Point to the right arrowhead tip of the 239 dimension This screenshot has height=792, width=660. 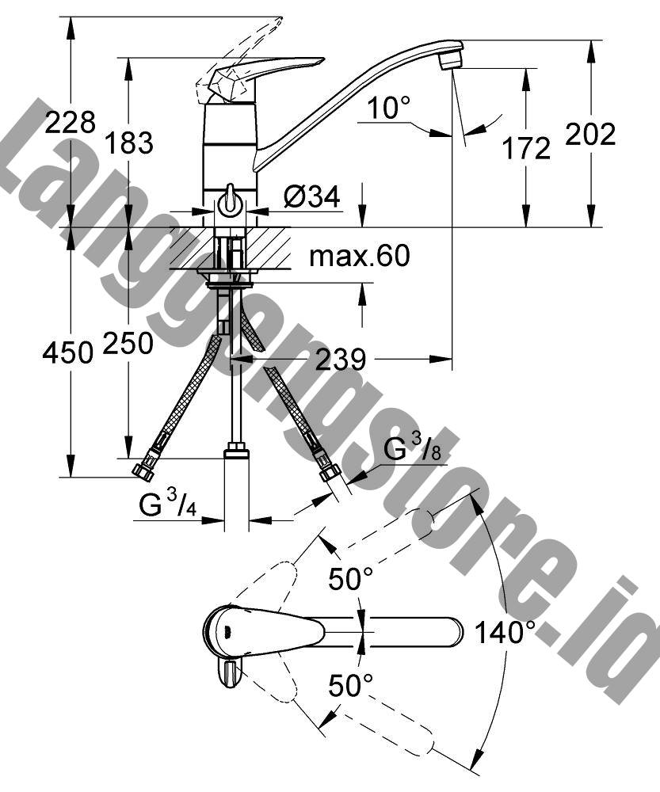[x=452, y=359]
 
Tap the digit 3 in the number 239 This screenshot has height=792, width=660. [x=340, y=360]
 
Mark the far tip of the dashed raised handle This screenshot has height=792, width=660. [x=281, y=18]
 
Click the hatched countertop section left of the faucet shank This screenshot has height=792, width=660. [x=192, y=247]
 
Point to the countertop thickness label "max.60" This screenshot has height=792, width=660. [x=359, y=256]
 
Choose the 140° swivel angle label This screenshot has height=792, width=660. [x=505, y=632]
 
